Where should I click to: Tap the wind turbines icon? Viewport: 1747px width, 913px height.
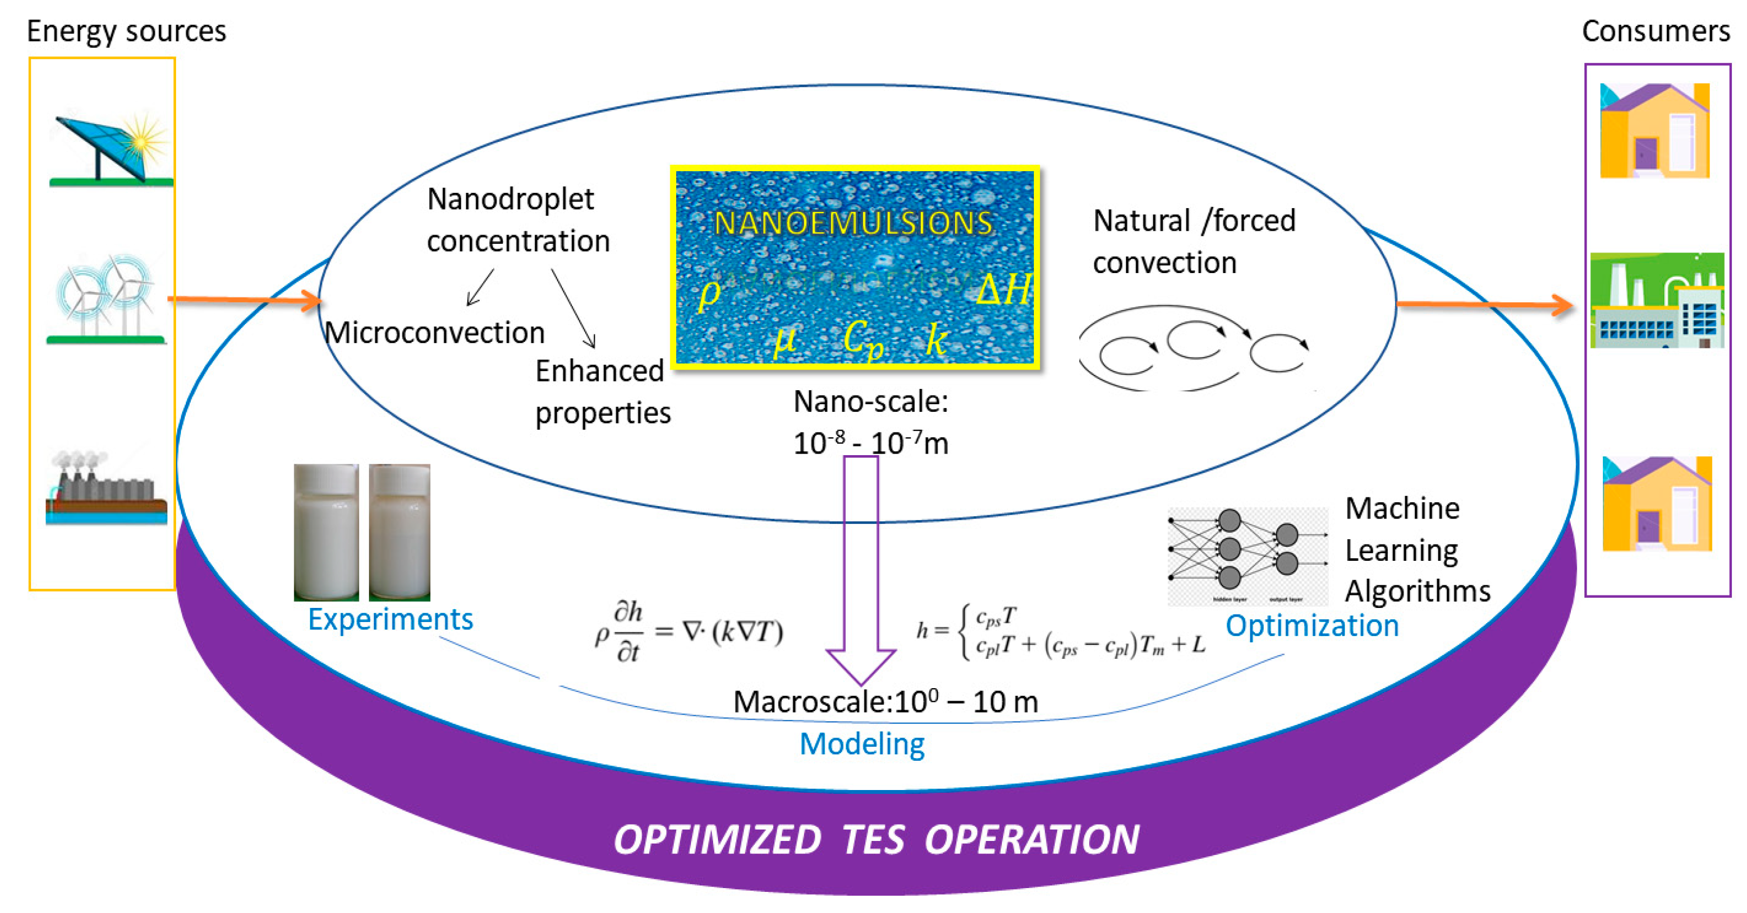click(x=105, y=299)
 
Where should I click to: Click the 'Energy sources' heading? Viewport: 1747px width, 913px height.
click(x=126, y=31)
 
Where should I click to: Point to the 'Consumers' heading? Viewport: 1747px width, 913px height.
click(x=1655, y=31)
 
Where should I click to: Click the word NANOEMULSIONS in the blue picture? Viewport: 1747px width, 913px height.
click(x=853, y=223)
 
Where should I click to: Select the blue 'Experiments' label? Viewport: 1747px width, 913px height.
click(x=390, y=619)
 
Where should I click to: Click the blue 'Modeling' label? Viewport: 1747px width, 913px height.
click(x=861, y=744)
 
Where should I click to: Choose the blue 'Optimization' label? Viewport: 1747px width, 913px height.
click(x=1312, y=625)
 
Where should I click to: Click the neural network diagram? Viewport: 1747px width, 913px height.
click(x=1246, y=555)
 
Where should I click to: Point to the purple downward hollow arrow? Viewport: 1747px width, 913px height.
click(x=860, y=570)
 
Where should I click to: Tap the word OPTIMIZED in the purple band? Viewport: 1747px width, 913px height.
click(x=717, y=840)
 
